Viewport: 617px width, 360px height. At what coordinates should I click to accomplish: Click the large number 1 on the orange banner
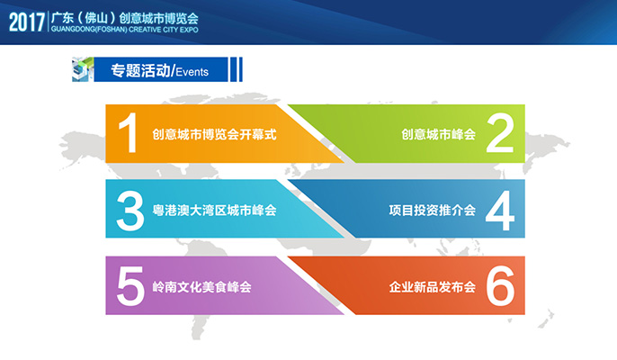[x=128, y=133]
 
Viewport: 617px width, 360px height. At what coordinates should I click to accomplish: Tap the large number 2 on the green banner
[x=500, y=133]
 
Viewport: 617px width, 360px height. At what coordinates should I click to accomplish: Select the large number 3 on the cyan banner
[x=130, y=211]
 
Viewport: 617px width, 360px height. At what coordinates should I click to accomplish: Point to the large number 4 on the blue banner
[x=500, y=211]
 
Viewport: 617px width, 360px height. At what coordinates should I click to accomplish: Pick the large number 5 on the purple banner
[x=130, y=286]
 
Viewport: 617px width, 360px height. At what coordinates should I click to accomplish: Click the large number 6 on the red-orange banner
[x=500, y=286]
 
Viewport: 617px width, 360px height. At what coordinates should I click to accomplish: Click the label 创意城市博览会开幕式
[x=214, y=134]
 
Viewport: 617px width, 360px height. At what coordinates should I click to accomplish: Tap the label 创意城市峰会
[x=439, y=134]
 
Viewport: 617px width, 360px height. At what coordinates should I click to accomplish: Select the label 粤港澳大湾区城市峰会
[x=214, y=211]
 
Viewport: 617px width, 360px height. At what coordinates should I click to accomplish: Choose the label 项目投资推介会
[x=433, y=211]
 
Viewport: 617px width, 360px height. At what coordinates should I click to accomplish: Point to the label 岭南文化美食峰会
[x=201, y=287]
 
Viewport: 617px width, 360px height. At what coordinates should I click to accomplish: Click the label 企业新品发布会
[x=433, y=287]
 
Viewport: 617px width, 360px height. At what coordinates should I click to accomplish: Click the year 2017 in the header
[x=27, y=22]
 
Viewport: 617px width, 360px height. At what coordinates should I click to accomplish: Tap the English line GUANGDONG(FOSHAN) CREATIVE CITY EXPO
[x=125, y=30]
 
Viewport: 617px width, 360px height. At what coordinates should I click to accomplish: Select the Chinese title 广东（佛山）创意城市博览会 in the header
[x=125, y=18]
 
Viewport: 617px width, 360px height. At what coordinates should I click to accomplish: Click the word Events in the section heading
[x=192, y=72]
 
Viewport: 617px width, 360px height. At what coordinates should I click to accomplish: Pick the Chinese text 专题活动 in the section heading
[x=140, y=70]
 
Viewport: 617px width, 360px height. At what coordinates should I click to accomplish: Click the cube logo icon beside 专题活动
[x=83, y=69]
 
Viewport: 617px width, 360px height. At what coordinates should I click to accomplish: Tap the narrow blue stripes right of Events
[x=236, y=69]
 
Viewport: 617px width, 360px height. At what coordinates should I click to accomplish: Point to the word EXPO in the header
[x=189, y=30]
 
